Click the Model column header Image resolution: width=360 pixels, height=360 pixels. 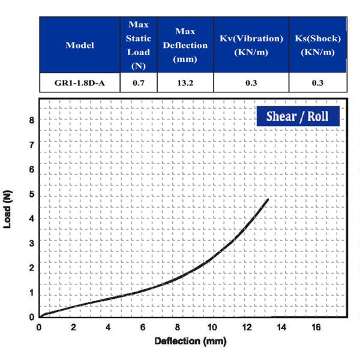(79, 46)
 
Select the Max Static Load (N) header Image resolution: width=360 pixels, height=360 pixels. (139, 46)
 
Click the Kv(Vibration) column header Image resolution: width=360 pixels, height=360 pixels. (251, 46)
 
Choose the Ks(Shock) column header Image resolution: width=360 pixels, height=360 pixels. (318, 46)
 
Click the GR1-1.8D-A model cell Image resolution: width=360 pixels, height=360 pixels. (79, 83)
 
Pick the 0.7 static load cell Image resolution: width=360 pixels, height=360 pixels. (139, 83)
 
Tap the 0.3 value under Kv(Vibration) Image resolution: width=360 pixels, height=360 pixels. (251, 83)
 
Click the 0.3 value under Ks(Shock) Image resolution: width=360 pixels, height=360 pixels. (318, 83)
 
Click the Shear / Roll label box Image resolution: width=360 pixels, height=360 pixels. (298, 116)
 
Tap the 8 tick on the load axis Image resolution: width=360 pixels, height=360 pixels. (31, 120)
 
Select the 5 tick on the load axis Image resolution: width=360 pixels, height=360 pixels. (31, 194)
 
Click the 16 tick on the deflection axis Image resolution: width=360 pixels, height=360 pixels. (316, 328)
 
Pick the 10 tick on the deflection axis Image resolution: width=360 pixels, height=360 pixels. (212, 328)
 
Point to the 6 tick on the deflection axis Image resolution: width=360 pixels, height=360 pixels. (143, 328)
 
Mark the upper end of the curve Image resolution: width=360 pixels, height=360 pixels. (267, 199)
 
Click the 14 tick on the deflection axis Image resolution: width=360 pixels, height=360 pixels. (281, 328)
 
